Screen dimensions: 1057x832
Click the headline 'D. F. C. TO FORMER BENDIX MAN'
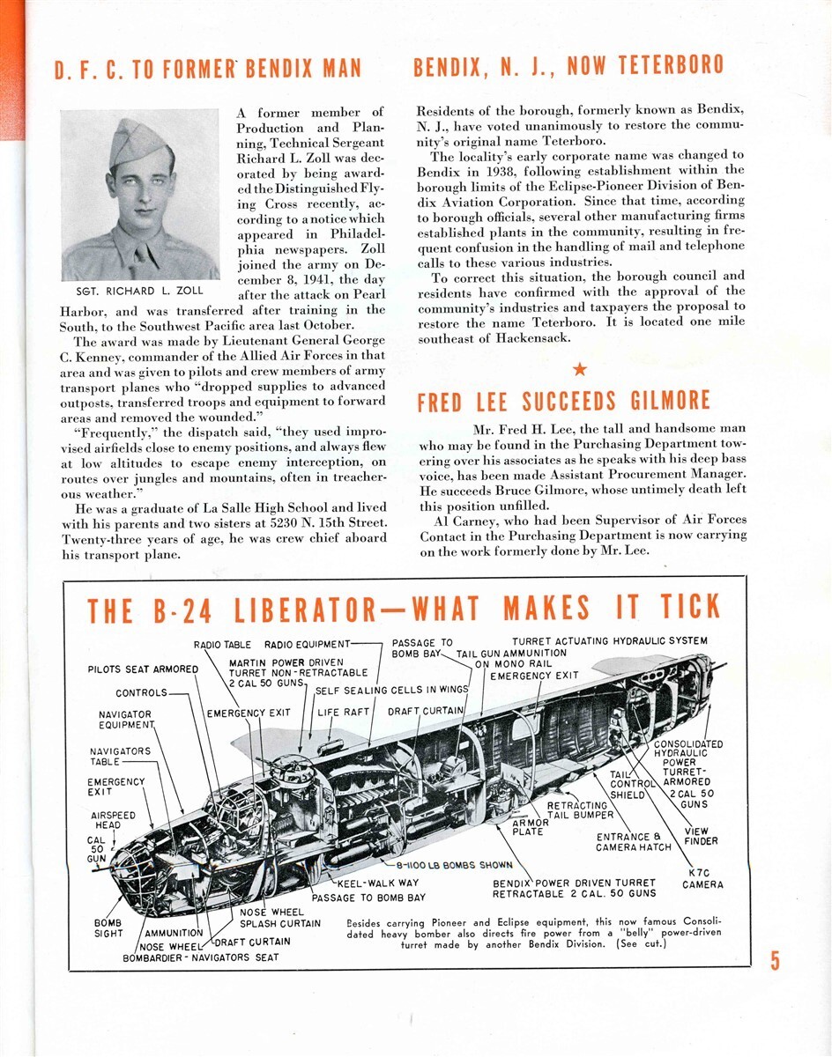tap(208, 70)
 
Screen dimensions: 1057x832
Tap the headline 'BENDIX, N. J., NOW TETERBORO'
tap(568, 65)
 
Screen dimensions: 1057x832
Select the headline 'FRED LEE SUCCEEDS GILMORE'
tap(563, 402)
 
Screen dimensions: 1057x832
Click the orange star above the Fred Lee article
tap(579, 368)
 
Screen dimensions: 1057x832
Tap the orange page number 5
tap(775, 960)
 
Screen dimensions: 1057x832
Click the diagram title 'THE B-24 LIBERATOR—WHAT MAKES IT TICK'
tap(404, 609)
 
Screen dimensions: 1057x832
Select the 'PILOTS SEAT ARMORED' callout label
tap(143, 669)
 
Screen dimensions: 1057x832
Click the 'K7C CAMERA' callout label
tap(702, 878)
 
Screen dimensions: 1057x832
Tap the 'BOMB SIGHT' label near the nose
tap(108, 928)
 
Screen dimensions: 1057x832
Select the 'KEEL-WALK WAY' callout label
tap(378, 882)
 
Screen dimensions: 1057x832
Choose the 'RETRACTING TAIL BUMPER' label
tap(577, 810)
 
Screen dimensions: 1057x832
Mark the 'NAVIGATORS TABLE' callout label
tap(120, 757)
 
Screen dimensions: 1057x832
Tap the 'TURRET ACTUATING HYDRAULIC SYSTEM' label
tap(609, 641)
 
